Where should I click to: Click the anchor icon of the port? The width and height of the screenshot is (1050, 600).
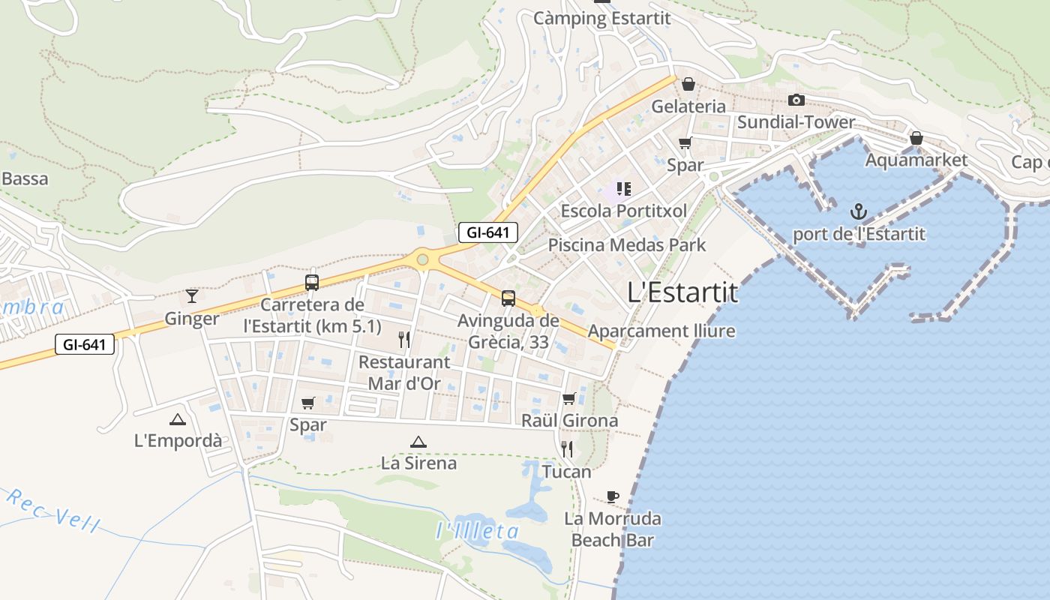click(x=858, y=211)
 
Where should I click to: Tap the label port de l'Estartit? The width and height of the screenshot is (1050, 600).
click(x=859, y=234)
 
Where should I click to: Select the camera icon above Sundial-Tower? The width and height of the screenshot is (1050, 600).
click(x=796, y=100)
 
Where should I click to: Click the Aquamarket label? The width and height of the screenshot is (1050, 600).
click(x=916, y=160)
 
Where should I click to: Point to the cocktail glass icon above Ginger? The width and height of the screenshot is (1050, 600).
click(x=192, y=295)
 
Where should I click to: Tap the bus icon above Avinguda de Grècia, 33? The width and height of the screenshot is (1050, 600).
click(x=508, y=298)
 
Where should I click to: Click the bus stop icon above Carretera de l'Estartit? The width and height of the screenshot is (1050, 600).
click(x=312, y=283)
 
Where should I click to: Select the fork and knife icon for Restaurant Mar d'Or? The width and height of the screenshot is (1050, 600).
click(x=404, y=340)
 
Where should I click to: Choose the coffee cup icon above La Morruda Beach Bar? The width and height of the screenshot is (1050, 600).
click(x=613, y=496)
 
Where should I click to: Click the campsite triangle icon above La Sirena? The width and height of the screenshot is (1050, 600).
click(x=418, y=442)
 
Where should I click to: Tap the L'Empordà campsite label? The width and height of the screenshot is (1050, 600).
click(x=178, y=441)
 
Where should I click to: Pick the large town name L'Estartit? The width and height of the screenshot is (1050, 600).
click(x=682, y=293)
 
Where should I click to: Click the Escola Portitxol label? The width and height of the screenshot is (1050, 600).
click(x=623, y=211)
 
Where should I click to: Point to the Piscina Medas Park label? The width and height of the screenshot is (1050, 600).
click(x=627, y=245)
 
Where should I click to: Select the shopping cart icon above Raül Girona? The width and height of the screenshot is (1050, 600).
click(x=569, y=398)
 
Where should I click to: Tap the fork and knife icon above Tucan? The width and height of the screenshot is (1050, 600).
click(x=567, y=449)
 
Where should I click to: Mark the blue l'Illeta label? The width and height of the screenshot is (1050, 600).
click(x=477, y=532)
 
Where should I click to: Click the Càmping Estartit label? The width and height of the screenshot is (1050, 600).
click(x=601, y=19)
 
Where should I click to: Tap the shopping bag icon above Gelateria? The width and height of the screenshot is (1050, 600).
click(x=688, y=84)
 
